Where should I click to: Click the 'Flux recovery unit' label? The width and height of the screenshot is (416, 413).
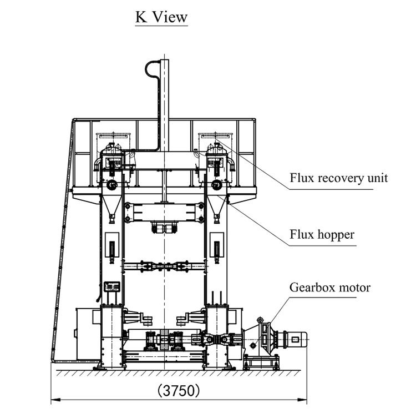pos(338,178)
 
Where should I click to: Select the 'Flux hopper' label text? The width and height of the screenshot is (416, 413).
pos(322,234)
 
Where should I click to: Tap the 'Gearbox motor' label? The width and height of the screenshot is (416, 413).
pos(329,288)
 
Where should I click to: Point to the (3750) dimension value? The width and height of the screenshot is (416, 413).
pos(177,390)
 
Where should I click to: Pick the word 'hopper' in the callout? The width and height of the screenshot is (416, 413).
pos(336,235)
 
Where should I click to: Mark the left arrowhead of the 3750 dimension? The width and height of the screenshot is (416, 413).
pos(54,399)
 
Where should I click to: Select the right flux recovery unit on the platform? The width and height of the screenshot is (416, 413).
pos(216,164)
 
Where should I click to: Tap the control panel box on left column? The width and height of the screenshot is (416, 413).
pos(112,286)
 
